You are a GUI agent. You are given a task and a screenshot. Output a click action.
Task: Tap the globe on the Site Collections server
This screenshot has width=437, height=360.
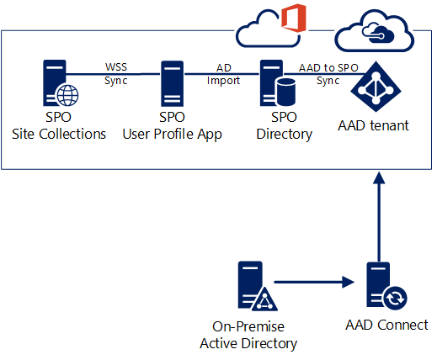[x=67, y=95]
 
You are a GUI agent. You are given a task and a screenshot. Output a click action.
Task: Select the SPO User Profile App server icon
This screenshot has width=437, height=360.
[x=172, y=83]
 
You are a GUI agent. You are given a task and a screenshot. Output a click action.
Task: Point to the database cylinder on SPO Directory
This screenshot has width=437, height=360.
[x=286, y=93]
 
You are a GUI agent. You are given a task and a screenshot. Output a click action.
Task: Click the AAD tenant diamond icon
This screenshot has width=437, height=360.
[x=376, y=87]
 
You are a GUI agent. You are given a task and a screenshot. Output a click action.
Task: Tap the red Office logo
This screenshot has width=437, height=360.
[x=294, y=18]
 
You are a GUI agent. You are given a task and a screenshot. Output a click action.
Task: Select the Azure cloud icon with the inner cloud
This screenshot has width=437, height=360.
[x=375, y=31]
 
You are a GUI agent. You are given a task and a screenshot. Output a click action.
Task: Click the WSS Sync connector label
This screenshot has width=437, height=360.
[x=116, y=74]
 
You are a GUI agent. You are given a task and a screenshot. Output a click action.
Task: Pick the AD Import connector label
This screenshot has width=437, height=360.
[x=223, y=74]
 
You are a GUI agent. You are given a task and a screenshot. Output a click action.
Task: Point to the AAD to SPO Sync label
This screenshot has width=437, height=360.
[x=328, y=74]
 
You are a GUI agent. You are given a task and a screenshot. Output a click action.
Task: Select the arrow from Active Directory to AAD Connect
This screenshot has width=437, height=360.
[x=314, y=282]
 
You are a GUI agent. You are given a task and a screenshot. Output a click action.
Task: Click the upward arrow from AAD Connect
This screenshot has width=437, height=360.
[x=379, y=217]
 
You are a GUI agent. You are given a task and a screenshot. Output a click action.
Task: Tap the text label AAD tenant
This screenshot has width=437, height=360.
[x=373, y=125]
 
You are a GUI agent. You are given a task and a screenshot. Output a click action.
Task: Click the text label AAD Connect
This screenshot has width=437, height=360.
[x=386, y=325]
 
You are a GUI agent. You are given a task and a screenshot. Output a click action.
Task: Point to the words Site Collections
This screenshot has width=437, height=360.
[x=59, y=134]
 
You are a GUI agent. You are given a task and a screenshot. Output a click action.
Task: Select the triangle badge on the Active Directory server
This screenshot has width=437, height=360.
[x=264, y=299]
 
